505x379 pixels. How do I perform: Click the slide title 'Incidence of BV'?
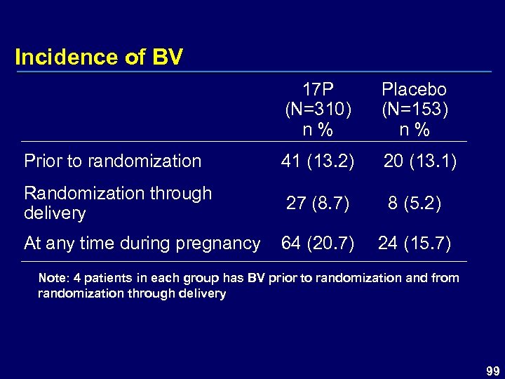point(98,57)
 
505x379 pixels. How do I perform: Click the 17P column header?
point(318,90)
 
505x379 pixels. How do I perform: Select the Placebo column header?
point(414,90)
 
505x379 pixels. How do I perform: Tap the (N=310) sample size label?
point(318,110)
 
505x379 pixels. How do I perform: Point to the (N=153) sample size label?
point(414,110)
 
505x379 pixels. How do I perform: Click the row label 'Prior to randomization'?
point(112,161)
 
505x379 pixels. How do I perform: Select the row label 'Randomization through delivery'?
point(117,203)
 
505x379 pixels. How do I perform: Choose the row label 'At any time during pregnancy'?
point(142,244)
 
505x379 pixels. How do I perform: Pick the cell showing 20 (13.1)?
point(419,161)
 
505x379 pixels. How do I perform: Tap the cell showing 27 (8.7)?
point(319,204)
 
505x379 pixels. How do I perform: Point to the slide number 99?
point(492,370)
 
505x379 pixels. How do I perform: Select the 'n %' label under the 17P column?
point(318,130)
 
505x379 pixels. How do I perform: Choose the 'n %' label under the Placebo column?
point(414,130)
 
